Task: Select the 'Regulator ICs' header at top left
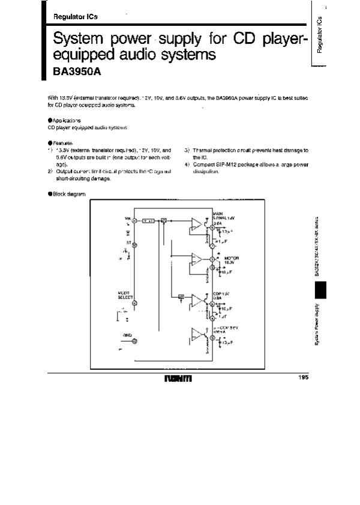(71, 17)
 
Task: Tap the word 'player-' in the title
(278, 40)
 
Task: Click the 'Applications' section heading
(65, 120)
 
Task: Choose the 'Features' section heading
(62, 143)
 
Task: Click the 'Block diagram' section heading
(68, 194)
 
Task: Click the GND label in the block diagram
(127, 334)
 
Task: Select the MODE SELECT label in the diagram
(125, 295)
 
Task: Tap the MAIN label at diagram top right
(218, 213)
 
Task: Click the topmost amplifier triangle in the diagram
(196, 225)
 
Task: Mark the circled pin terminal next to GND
(134, 341)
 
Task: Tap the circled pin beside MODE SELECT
(134, 304)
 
